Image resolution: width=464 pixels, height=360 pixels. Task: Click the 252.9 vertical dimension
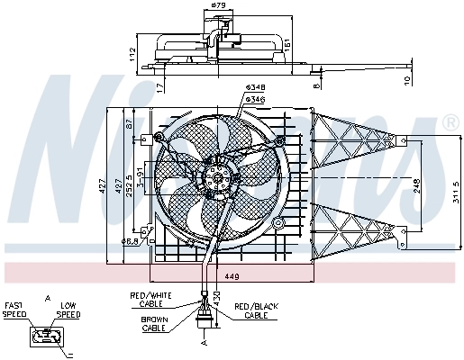(x=129, y=186)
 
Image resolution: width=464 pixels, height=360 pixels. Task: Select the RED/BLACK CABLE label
(x=256, y=311)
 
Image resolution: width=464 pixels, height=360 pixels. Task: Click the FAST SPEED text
(x=15, y=310)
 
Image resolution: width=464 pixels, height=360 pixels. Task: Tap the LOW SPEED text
(x=68, y=310)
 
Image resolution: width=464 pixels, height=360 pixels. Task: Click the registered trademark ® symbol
(x=450, y=121)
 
